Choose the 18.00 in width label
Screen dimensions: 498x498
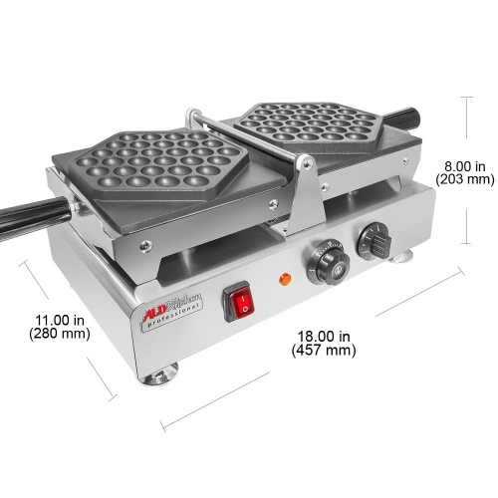click(323, 336)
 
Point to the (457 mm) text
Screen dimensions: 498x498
click(323, 350)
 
